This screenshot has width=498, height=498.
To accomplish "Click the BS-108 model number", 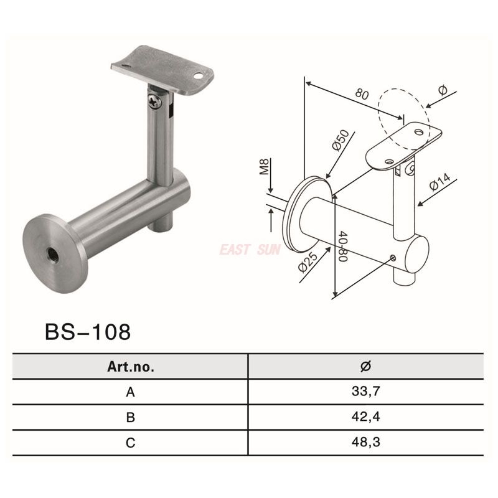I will click(x=88, y=332).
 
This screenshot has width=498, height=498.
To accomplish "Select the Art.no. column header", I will click(x=130, y=367).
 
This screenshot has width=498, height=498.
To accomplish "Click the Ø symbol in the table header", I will click(x=365, y=367).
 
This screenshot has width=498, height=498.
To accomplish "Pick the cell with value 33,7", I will click(x=365, y=392).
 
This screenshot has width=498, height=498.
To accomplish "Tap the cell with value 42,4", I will click(x=365, y=418).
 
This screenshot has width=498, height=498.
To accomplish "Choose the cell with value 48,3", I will click(x=365, y=443).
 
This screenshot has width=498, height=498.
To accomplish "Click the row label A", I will click(x=130, y=392).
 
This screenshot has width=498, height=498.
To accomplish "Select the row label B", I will click(x=130, y=418).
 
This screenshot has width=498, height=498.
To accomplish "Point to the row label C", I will click(x=130, y=443).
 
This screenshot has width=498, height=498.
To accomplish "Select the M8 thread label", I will click(x=264, y=168).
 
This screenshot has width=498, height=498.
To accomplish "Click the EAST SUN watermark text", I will click(x=250, y=250).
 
